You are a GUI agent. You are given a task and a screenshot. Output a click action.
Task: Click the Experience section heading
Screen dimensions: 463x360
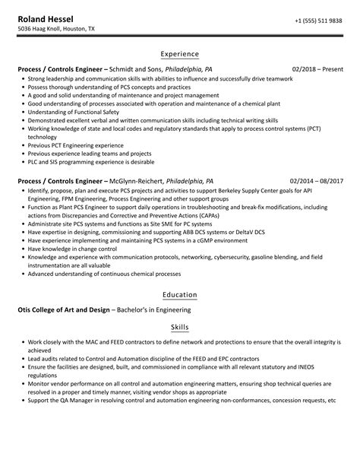pos(180,54)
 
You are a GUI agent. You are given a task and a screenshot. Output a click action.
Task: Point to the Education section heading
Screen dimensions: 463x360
pos(180,294)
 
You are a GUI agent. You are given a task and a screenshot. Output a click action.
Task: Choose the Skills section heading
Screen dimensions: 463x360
pos(180,327)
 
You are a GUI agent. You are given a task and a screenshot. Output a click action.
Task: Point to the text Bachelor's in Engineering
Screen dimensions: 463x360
pos(161,309)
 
